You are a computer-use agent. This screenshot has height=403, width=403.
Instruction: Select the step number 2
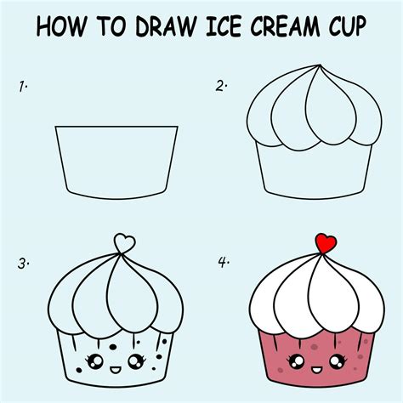222,85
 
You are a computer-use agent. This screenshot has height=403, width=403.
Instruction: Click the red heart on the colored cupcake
323,243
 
